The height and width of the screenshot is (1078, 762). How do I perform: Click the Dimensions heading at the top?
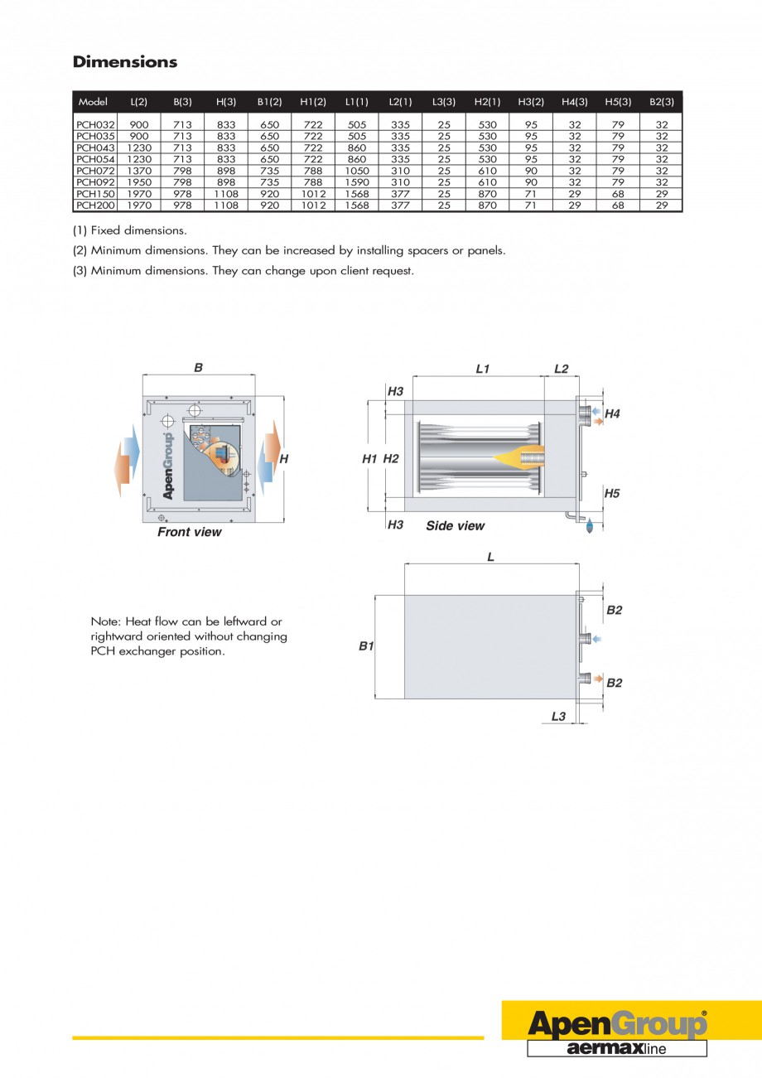pyautogui.click(x=125, y=62)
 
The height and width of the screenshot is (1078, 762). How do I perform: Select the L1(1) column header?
pyautogui.click(x=356, y=102)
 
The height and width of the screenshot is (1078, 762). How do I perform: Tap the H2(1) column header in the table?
pyautogui.click(x=487, y=102)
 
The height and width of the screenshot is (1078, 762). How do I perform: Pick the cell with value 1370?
pyautogui.click(x=139, y=170)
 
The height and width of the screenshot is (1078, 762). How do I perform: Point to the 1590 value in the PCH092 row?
pyautogui.click(x=356, y=181)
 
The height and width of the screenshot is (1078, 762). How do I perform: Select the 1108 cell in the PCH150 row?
pyautogui.click(x=226, y=193)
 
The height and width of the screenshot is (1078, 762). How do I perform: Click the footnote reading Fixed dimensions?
pyautogui.click(x=129, y=230)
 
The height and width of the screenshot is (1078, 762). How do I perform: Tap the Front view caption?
pyautogui.click(x=190, y=532)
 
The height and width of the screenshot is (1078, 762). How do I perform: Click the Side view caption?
pyautogui.click(x=455, y=526)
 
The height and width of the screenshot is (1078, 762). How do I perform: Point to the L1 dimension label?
pyautogui.click(x=483, y=369)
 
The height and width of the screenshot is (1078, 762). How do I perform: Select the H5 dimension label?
pyautogui.click(x=612, y=493)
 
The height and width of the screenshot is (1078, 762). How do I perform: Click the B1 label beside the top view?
pyautogui.click(x=366, y=645)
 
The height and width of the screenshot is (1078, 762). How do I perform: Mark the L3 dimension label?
pyautogui.click(x=558, y=716)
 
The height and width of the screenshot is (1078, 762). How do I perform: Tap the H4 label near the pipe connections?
pyautogui.click(x=612, y=413)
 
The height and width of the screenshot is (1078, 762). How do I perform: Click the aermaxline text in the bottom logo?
pyautogui.click(x=616, y=1048)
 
